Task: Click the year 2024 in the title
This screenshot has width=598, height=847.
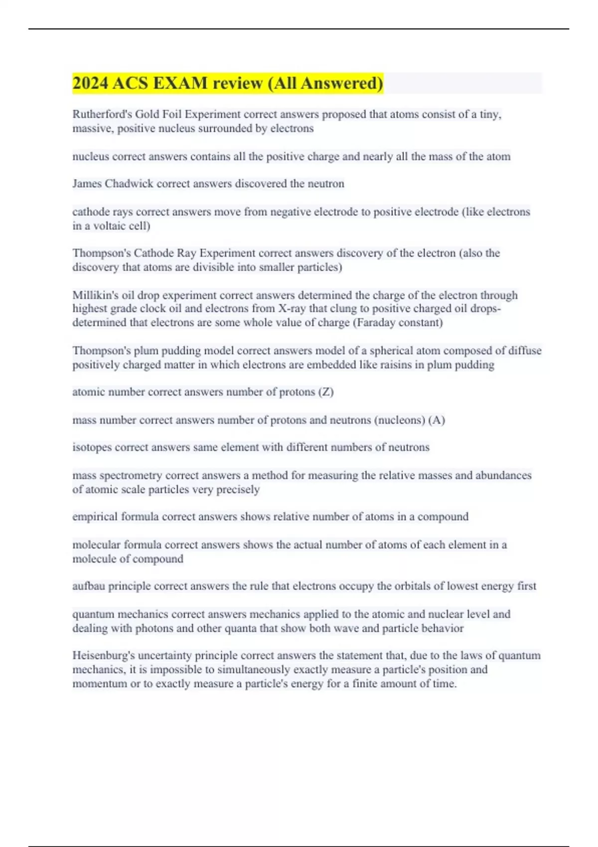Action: coord(90,83)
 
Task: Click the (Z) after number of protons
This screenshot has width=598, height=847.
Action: coord(326,392)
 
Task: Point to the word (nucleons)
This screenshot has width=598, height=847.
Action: coord(400,420)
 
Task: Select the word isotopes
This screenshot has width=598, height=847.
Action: coord(92,447)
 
